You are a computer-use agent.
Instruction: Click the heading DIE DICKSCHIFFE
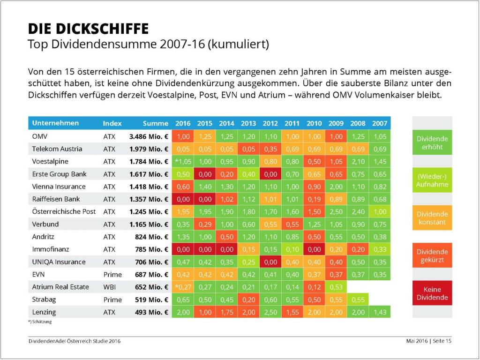[88, 29]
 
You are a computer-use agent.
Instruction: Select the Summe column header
[155, 123]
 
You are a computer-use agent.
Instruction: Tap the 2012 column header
[270, 123]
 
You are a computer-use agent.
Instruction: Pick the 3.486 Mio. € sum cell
[149, 136]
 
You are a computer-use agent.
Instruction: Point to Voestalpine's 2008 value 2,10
[358, 161]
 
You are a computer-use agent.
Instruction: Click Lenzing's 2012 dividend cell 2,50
[270, 312]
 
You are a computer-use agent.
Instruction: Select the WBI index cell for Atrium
[109, 287]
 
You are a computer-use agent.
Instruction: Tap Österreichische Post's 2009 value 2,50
[336, 211]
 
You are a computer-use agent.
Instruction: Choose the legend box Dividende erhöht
[432, 143]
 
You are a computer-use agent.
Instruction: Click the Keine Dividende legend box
[432, 293]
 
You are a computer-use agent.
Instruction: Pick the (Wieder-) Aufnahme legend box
[432, 180]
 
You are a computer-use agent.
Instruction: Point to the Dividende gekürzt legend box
[432, 256]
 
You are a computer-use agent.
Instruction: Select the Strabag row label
[44, 300]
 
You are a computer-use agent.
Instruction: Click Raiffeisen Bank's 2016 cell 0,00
[183, 199]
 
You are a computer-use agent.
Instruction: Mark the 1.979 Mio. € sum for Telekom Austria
[149, 149]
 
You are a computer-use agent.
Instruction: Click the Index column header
[112, 123]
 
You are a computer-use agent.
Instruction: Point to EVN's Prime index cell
[112, 274]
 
